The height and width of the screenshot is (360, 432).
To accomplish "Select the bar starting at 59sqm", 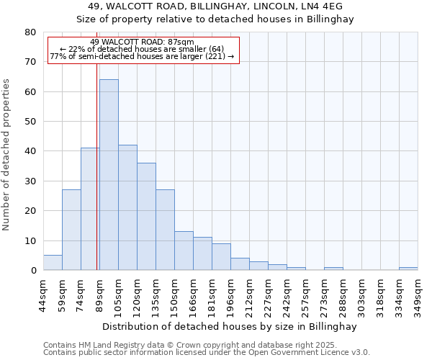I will [71, 230].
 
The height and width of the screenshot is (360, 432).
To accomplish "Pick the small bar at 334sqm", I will [408, 269].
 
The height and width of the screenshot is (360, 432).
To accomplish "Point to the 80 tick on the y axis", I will [30, 32].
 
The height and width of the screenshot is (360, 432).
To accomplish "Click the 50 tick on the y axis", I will [30, 122].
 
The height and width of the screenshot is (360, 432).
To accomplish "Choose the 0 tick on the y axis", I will [33, 271].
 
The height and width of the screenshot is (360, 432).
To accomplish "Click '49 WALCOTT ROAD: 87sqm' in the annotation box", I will [143, 42].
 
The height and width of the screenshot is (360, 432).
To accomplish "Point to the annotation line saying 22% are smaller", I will [143, 49].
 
